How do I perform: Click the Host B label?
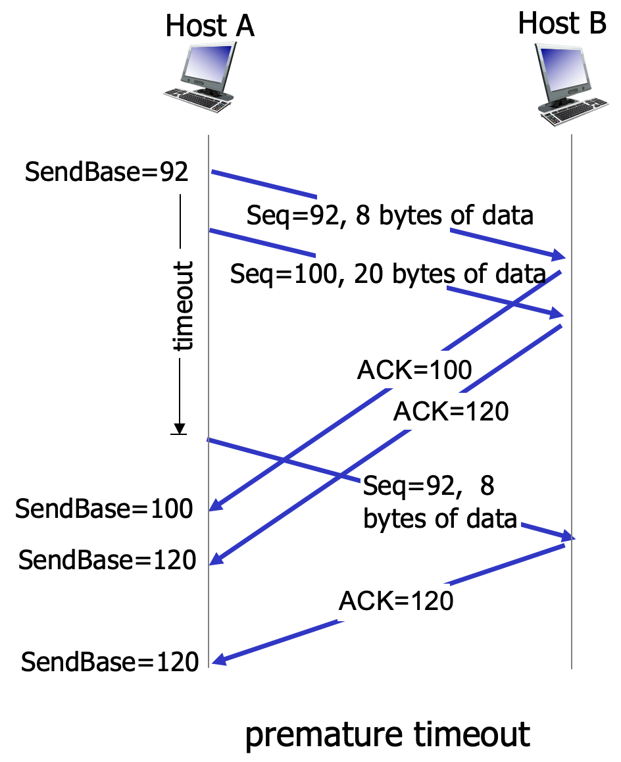click(x=562, y=24)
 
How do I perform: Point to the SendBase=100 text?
click(x=105, y=509)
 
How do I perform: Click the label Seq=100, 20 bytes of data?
click(x=388, y=274)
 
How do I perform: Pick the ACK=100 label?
click(x=414, y=370)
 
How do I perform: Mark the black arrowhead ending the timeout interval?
click(x=179, y=428)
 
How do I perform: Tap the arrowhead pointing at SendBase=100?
click(x=214, y=507)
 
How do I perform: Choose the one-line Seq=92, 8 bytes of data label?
click(x=389, y=215)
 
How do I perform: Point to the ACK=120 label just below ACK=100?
click(x=451, y=412)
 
